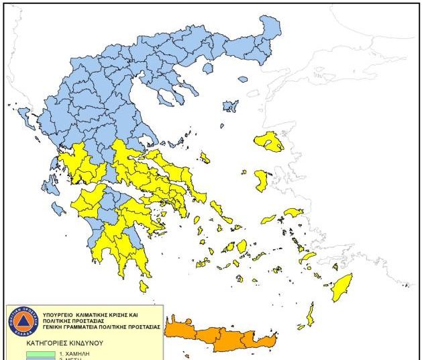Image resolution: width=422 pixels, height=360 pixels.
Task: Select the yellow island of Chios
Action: (x=261, y=180)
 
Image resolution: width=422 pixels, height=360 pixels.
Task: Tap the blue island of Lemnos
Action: (x=231, y=106)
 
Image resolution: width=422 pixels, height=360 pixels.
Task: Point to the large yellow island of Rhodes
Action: (x=341, y=287)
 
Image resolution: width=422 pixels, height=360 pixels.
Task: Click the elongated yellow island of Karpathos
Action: (x=310, y=314)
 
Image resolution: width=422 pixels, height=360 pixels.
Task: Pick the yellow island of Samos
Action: (x=293, y=213)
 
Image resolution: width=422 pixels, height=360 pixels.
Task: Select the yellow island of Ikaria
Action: (x=268, y=219)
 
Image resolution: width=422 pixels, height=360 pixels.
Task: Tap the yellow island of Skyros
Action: (x=205, y=158)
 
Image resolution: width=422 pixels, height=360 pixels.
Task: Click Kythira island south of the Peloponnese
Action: (x=143, y=285)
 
